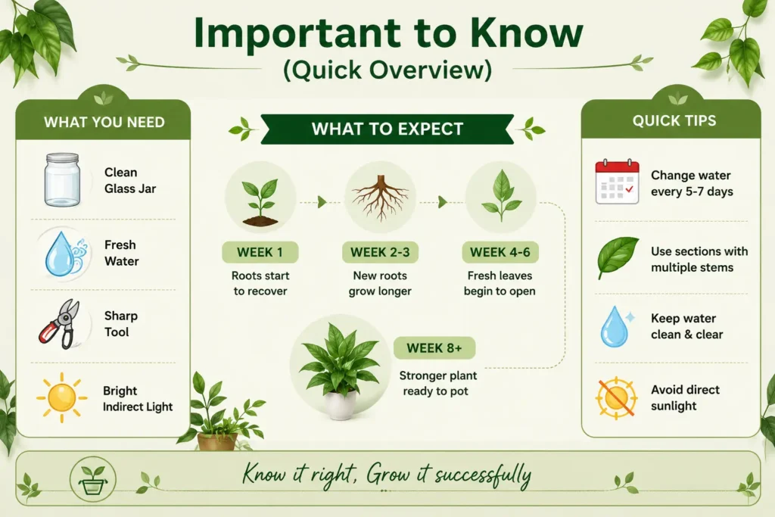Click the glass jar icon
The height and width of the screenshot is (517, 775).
point(62,179)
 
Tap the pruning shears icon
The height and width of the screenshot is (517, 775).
point(59,324)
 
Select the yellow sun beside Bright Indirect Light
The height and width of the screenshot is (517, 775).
point(62,397)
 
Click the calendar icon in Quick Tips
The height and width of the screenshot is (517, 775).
point(618,182)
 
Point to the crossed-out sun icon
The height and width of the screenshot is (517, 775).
point(616,398)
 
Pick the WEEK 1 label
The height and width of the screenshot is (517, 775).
point(260,252)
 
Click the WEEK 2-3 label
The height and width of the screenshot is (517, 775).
point(380,252)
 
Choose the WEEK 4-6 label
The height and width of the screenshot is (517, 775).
point(500,252)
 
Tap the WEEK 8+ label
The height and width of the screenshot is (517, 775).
point(434,348)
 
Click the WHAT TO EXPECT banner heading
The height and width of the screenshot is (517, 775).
point(387,129)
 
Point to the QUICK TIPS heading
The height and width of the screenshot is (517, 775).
point(674,120)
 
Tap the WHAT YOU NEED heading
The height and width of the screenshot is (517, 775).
point(104,122)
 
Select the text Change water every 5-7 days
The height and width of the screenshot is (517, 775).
point(692,183)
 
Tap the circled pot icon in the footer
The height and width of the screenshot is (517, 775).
point(93,479)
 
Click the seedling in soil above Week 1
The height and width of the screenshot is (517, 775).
point(260,201)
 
